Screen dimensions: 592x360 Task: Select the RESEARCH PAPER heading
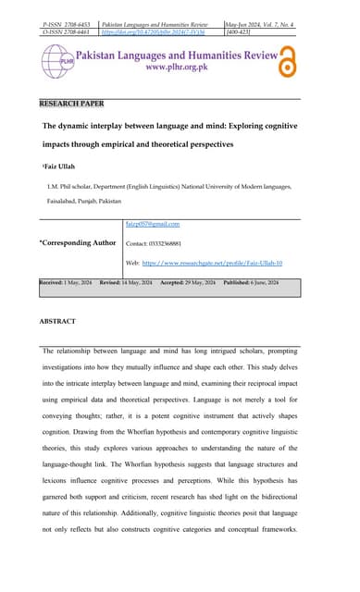click(x=72, y=103)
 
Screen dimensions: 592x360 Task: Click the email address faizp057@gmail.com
click(x=152, y=224)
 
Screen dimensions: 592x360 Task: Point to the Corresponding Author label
click(x=78, y=242)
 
